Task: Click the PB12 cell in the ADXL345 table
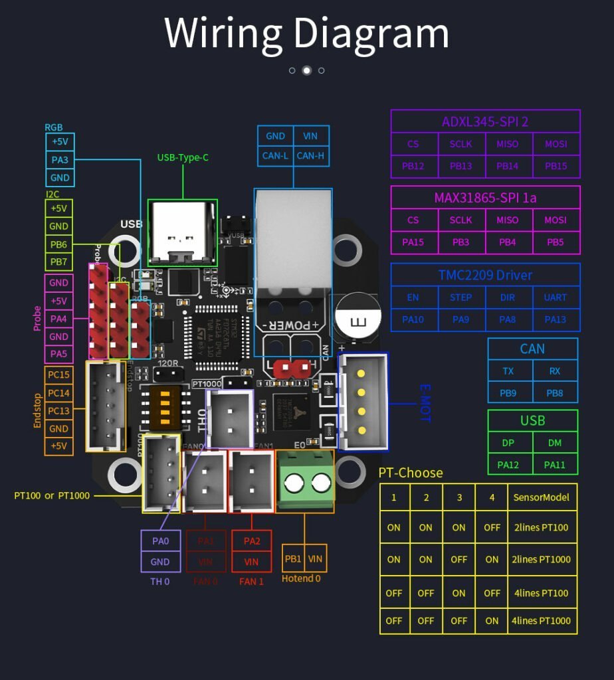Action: (413, 166)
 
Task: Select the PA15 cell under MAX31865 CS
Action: (413, 242)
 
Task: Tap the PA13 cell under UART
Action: (556, 319)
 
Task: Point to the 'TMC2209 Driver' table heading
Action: (485, 275)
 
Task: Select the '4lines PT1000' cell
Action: (541, 621)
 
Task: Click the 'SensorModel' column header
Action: (541, 497)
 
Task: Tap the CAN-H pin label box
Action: (310, 156)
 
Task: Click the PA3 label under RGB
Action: (60, 160)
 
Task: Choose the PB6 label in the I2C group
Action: (58, 244)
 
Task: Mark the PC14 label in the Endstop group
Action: (58, 392)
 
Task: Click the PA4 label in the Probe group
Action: (58, 319)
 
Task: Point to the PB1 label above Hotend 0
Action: (293, 558)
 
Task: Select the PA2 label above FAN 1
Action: (252, 541)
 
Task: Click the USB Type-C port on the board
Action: (181, 230)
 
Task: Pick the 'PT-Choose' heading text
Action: (410, 473)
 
